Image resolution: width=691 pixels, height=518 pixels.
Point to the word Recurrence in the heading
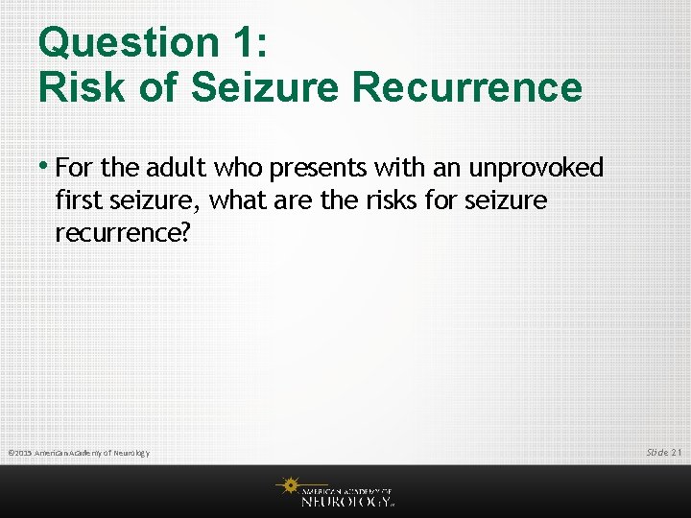[x=467, y=87]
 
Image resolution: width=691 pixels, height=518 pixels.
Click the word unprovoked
[x=536, y=169]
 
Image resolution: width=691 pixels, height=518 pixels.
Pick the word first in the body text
[x=77, y=200]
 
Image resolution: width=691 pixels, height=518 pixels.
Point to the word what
[x=234, y=200]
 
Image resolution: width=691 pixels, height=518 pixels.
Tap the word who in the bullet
[x=238, y=169]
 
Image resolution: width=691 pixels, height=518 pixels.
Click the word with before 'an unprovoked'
[x=401, y=169]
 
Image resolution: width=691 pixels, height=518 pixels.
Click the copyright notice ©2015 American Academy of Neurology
[x=79, y=452]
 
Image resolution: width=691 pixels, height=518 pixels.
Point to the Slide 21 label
[x=663, y=451]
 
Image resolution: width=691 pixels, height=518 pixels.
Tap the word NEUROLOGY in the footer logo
[x=346, y=500]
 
